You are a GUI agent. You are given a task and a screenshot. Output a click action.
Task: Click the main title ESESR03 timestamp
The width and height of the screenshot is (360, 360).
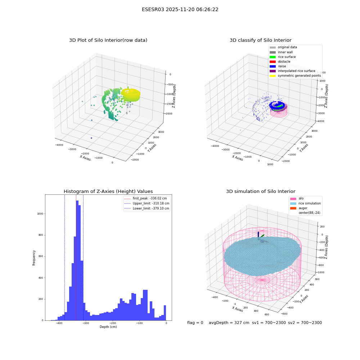click(180, 10)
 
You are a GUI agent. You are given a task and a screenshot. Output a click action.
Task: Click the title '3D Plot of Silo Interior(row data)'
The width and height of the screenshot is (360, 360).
click(108, 40)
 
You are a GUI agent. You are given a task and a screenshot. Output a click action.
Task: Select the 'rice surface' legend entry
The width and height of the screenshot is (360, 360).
click(283, 57)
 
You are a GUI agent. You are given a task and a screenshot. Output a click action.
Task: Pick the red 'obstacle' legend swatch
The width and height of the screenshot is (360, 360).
click(273, 62)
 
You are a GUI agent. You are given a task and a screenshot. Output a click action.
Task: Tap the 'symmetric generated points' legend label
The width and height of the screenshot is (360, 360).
click(299, 76)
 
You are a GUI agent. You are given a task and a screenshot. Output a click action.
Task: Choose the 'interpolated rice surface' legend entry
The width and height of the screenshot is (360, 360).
click(292, 71)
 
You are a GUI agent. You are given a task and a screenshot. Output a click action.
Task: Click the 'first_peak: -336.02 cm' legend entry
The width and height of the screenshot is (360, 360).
click(145, 198)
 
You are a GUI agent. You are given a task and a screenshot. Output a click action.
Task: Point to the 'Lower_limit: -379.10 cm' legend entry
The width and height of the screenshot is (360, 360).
click(147, 208)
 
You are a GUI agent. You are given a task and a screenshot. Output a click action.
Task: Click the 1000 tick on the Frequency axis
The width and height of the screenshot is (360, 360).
click(40, 213)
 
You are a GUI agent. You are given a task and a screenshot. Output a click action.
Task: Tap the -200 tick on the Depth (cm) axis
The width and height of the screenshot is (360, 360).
click(112, 323)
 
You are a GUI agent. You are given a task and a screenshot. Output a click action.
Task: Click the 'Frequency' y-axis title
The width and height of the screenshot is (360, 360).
click(34, 258)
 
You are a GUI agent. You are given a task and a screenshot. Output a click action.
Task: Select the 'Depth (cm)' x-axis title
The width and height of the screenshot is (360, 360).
click(108, 327)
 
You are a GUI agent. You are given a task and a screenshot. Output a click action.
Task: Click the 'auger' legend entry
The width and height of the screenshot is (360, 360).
click(299, 208)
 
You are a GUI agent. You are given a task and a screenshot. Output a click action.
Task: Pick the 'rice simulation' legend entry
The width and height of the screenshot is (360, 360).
click(305, 203)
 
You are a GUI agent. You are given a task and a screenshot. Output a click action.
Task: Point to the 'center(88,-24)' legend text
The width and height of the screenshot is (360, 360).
click(309, 213)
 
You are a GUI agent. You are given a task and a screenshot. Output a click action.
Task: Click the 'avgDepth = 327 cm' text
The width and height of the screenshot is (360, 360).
click(229, 323)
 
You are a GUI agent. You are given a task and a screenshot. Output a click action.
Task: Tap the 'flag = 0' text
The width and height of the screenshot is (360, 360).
click(195, 323)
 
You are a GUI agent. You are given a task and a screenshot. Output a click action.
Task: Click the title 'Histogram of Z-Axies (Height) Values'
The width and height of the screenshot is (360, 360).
click(108, 192)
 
